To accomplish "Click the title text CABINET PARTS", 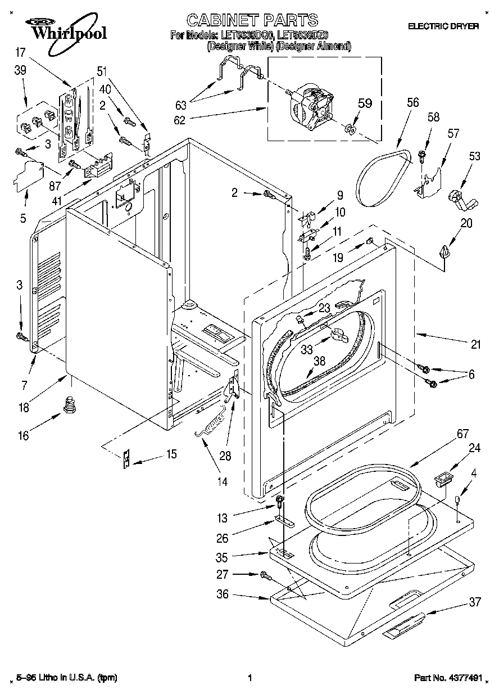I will tap(252, 21).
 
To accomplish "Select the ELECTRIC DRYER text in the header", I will tap(443, 26).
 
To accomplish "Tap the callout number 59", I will tap(365, 103).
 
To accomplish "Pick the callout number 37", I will tap(475, 602).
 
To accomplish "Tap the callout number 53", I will tap(475, 156).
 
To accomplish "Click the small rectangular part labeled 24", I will tap(443, 480).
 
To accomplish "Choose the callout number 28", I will tap(225, 456).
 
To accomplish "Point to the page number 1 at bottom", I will tap(249, 678).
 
